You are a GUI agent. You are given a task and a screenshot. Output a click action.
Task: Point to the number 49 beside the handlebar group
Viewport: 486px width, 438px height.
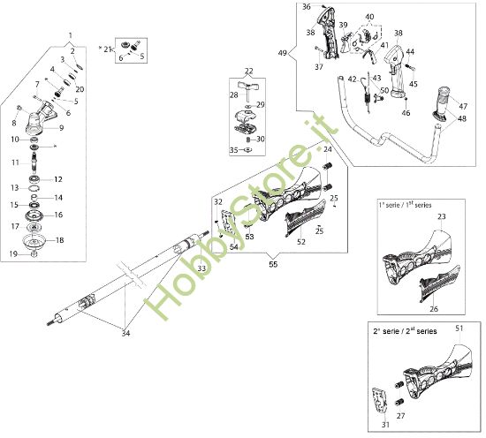coord(283,54)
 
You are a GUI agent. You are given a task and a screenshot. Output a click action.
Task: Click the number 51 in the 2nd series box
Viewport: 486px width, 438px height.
coord(459,328)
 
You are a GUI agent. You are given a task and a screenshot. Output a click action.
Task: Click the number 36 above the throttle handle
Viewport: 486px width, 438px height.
coord(306,7)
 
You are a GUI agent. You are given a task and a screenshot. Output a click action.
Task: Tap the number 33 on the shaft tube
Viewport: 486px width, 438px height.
coord(201,268)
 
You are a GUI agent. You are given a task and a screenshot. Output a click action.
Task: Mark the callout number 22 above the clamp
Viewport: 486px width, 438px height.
coord(249,71)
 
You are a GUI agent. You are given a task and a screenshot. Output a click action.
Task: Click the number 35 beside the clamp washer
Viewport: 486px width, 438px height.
coord(233,150)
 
